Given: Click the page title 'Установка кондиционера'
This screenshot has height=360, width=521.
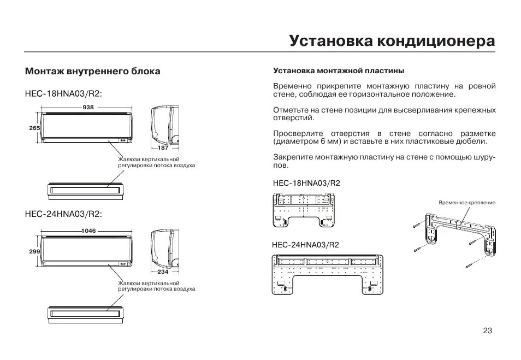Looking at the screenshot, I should click(x=392, y=42).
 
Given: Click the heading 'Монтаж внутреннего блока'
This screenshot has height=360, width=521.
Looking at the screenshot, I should click(x=93, y=72).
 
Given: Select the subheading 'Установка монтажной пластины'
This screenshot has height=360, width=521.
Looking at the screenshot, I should click(x=338, y=71).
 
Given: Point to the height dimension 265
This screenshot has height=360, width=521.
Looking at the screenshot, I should click(x=35, y=128).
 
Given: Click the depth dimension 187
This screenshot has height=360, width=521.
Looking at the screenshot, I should click(x=163, y=148).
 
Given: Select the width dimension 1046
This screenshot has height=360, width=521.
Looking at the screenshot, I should click(x=88, y=231).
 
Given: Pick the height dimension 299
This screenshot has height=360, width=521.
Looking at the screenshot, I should click(x=35, y=252).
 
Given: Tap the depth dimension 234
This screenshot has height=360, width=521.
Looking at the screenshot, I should click(x=163, y=272).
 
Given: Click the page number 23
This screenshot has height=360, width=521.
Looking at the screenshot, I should click(x=488, y=331).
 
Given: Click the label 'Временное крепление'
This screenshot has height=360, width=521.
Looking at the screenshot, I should click(x=467, y=203).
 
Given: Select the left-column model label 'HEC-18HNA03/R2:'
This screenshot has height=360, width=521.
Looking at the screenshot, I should click(x=63, y=93).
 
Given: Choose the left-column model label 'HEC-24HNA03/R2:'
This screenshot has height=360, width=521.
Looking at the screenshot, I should click(x=63, y=214).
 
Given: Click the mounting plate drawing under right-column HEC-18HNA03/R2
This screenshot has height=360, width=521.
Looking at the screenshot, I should click(x=306, y=210).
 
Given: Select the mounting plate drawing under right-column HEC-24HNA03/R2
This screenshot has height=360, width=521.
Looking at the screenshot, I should click(x=328, y=274).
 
